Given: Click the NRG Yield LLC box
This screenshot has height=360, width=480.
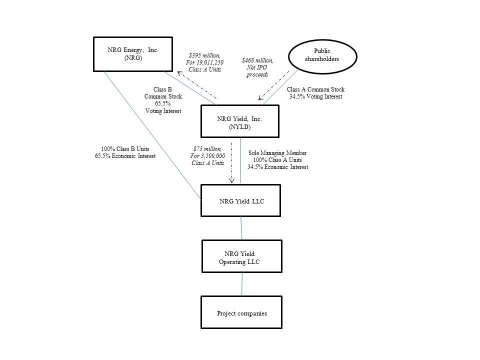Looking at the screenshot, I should (240, 201).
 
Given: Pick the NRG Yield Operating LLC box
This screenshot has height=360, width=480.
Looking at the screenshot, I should (241, 257).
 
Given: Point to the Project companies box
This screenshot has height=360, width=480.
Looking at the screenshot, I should (241, 313).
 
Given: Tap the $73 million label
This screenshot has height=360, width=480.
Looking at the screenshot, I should (207, 148).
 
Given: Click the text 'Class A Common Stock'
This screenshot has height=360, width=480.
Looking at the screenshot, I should (315, 90).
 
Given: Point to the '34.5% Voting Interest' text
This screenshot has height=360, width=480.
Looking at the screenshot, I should (315, 96).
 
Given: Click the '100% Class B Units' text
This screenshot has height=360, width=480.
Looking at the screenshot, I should (125, 149).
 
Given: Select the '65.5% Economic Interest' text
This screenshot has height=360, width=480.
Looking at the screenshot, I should (125, 156).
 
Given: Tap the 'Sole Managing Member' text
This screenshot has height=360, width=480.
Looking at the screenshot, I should (277, 153).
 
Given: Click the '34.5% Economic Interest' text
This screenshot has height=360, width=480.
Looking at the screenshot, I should (277, 167).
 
